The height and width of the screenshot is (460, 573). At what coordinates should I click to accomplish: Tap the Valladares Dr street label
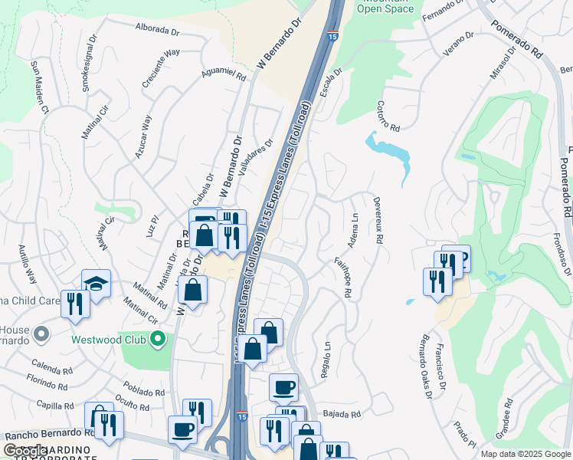(x=256, y=159)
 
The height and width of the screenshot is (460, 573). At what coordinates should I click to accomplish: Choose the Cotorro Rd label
(x=389, y=117)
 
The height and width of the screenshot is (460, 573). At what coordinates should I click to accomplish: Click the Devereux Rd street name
(x=377, y=219)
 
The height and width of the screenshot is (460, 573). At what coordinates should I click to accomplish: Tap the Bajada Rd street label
(x=341, y=414)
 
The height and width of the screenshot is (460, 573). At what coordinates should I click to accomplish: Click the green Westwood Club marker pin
(x=158, y=338)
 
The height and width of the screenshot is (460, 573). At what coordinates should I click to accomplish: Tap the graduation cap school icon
(x=96, y=283)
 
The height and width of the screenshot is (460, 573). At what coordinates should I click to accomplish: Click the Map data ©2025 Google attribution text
(x=525, y=454)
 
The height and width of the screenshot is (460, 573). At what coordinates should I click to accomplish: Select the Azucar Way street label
(x=145, y=136)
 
